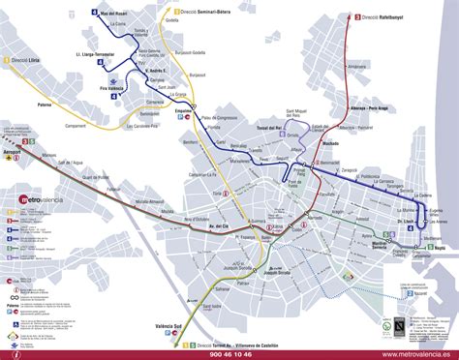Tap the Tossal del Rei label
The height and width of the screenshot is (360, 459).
[x=265, y=128]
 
